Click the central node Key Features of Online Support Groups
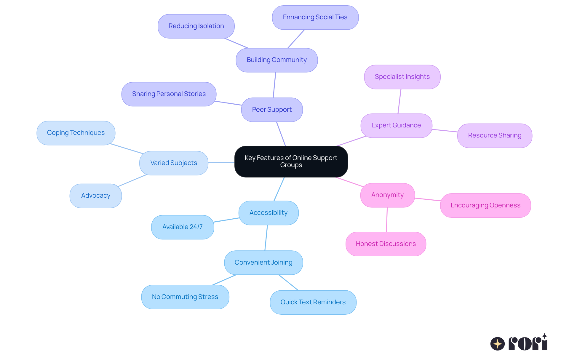click(291, 161)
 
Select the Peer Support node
click(272, 110)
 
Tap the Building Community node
click(276, 60)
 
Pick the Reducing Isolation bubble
click(196, 26)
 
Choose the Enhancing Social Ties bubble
click(315, 17)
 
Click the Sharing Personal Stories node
click(169, 94)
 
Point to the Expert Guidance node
click(396, 125)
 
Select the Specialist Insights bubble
click(402, 77)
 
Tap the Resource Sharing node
click(494, 135)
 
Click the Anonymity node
click(387, 195)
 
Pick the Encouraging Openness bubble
click(485, 205)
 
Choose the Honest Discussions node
click(386, 244)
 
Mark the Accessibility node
click(268, 213)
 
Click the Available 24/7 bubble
click(182, 227)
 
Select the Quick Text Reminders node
click(313, 302)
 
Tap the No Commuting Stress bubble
click(185, 297)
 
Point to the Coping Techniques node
click(76, 133)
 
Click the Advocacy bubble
click(95, 196)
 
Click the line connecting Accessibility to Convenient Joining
click(266, 238)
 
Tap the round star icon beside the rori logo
click(497, 344)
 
